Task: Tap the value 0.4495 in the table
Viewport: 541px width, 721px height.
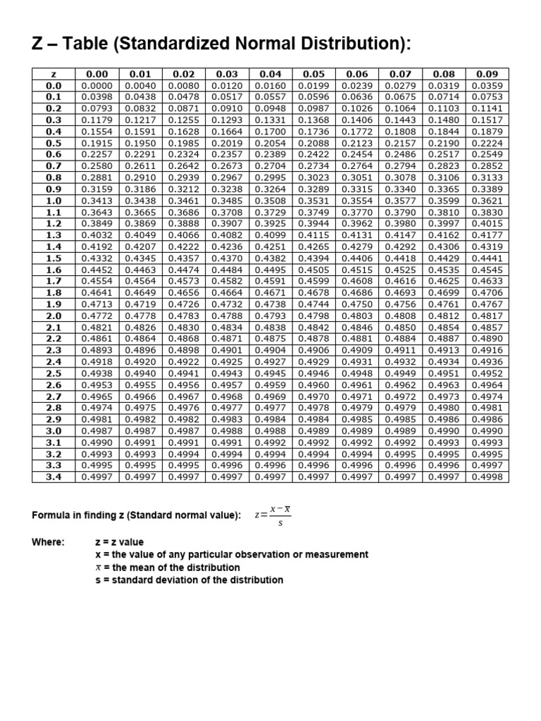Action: click(270, 269)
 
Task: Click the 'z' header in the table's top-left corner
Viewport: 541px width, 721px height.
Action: click(54, 73)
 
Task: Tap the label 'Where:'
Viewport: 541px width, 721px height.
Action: click(48, 542)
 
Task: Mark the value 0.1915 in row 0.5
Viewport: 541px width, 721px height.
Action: click(97, 142)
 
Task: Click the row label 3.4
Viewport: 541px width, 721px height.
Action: click(54, 476)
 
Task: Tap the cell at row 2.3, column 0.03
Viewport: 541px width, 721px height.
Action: click(226, 349)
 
